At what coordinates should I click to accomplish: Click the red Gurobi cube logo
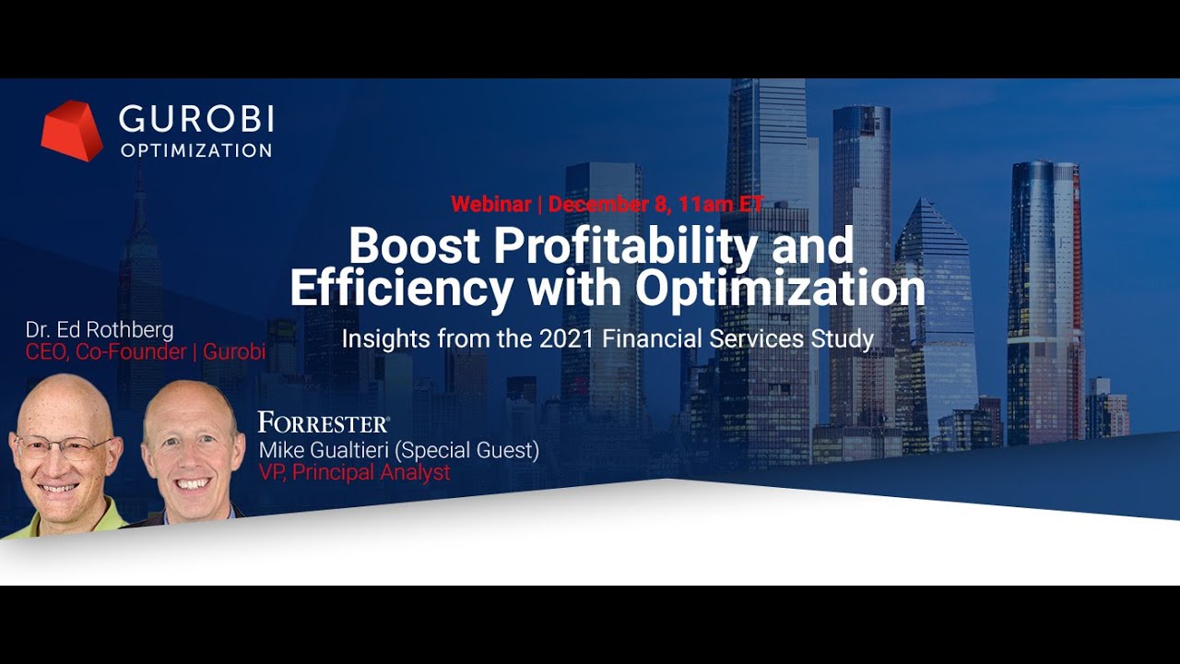coord(71,130)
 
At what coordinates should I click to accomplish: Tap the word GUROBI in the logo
coord(196,119)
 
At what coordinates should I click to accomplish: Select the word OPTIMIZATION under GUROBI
coord(196,150)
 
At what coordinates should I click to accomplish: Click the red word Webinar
coord(490,204)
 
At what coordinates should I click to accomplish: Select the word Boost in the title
coord(414,246)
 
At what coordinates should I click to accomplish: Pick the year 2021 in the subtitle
coord(567,338)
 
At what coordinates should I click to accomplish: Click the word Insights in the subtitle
coord(383,338)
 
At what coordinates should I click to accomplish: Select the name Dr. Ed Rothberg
coord(100,330)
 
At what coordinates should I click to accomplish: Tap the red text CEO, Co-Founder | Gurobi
coord(146,351)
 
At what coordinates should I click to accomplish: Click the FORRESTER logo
coord(324,423)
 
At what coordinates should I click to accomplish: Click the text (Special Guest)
coord(481,450)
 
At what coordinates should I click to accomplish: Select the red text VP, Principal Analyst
coord(355,473)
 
